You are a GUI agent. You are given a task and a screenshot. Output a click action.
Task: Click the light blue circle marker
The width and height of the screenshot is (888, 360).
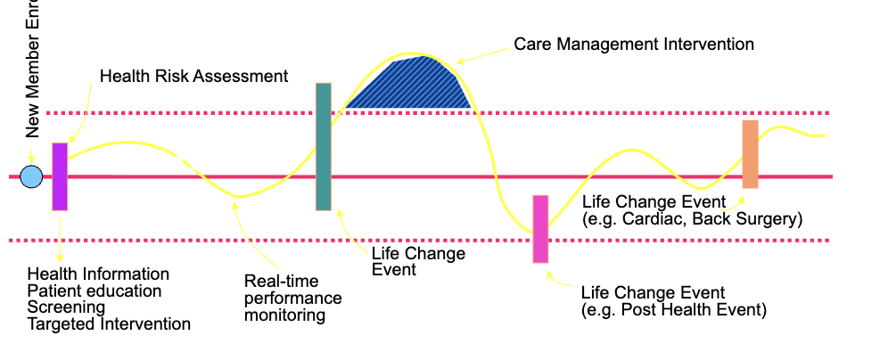pos(31,177)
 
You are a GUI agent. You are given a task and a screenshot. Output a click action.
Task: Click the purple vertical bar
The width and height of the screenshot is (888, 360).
pos(60,176)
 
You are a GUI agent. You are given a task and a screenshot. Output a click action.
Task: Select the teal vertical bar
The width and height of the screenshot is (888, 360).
pos(324,147)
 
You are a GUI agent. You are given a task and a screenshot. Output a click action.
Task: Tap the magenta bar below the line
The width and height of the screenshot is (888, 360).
pos(540,229)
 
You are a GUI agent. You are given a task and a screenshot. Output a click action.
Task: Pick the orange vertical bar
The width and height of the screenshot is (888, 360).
pos(750,154)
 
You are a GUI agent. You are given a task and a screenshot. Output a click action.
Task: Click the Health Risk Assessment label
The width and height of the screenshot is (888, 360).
pos(193,76)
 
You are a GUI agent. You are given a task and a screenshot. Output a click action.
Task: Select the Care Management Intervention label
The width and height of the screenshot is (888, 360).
pos(634,44)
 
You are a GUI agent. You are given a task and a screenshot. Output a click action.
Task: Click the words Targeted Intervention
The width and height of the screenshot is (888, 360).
pos(109,324)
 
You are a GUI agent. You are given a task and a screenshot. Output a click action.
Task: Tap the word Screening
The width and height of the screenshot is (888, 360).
pos(66,307)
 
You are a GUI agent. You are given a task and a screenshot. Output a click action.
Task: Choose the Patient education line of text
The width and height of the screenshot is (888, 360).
pos(95,290)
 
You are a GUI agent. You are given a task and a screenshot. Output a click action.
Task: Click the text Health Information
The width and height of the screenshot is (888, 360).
pos(98,274)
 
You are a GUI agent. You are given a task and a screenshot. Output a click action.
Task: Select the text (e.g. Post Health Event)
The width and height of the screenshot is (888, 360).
pos(673,310)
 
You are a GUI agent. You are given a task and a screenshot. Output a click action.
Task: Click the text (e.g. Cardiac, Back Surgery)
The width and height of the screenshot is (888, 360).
pos(692,218)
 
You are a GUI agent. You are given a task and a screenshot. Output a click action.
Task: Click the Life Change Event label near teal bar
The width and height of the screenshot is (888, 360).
pos(417,261)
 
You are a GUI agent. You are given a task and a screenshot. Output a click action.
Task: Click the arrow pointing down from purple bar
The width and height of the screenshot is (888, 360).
pos(60,237)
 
